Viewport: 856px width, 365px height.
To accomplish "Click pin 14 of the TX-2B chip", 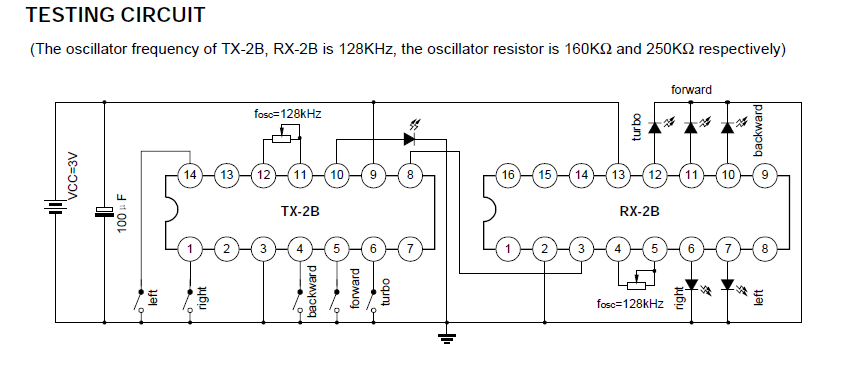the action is pyautogui.click(x=190, y=175).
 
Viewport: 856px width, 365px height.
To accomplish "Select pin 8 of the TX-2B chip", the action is pyautogui.click(x=410, y=175).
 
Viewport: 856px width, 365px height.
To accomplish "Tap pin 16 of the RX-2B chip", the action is pyautogui.click(x=508, y=175).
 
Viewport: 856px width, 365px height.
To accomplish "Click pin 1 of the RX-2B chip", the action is pyautogui.click(x=508, y=249).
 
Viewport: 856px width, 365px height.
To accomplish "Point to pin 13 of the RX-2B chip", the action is pyautogui.click(x=618, y=175).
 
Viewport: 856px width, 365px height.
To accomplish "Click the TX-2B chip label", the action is pyautogui.click(x=300, y=212).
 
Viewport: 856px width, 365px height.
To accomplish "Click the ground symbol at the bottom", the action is pyautogui.click(x=447, y=338).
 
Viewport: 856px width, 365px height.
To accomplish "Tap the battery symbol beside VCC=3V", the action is pyautogui.click(x=55, y=207).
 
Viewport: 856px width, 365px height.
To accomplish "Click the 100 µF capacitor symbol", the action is pyautogui.click(x=104, y=212).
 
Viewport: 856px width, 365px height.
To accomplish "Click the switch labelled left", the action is pyautogui.click(x=139, y=301).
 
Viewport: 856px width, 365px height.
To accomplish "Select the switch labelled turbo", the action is pyautogui.click(x=372, y=301).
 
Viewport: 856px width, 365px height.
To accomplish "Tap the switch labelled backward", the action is pyautogui.click(x=298, y=301).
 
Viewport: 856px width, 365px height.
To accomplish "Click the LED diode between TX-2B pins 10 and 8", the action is pyautogui.click(x=409, y=139).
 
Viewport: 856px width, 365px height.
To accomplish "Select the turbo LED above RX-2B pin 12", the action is pyautogui.click(x=655, y=127).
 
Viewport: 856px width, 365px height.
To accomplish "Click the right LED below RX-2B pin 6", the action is pyautogui.click(x=692, y=284).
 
